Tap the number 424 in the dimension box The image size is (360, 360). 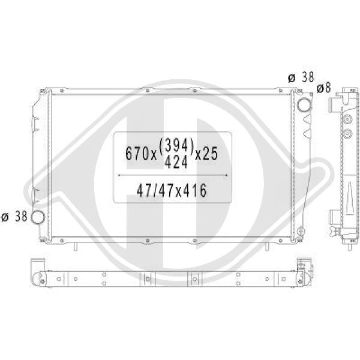pyautogui.click(x=176, y=162)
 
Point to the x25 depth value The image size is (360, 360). pyautogui.click(x=206, y=154)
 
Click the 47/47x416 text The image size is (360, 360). pyautogui.click(x=172, y=190)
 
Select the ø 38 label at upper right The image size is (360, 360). pyautogui.click(x=301, y=77)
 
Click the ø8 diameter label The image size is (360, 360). pyautogui.click(x=323, y=88)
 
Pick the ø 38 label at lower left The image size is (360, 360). pyautogui.click(x=14, y=217)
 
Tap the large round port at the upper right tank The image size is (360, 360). pyautogui.click(x=304, y=104)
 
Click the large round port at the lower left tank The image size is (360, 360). pyautogui.click(x=37, y=217)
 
